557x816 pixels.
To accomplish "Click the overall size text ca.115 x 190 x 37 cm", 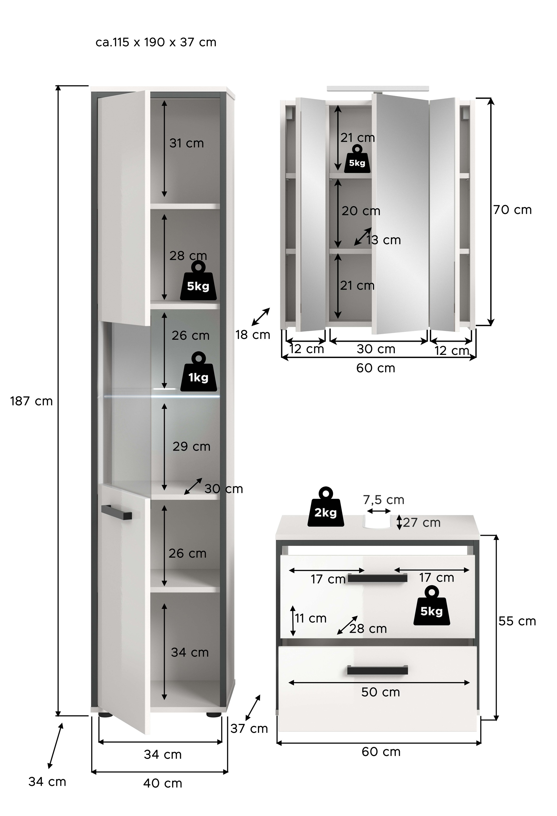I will click(x=156, y=43).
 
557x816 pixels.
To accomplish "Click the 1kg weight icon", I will click(x=198, y=373).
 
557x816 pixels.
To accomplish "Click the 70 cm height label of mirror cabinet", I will click(x=512, y=210).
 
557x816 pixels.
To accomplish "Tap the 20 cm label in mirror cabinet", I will click(x=361, y=211).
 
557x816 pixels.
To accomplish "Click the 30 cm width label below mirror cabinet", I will click(x=376, y=349).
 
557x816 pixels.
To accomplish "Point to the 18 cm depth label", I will click(x=253, y=335).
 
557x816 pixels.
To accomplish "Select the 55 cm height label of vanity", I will click(x=517, y=621).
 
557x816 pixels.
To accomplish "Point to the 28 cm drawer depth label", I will click(x=368, y=629).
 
